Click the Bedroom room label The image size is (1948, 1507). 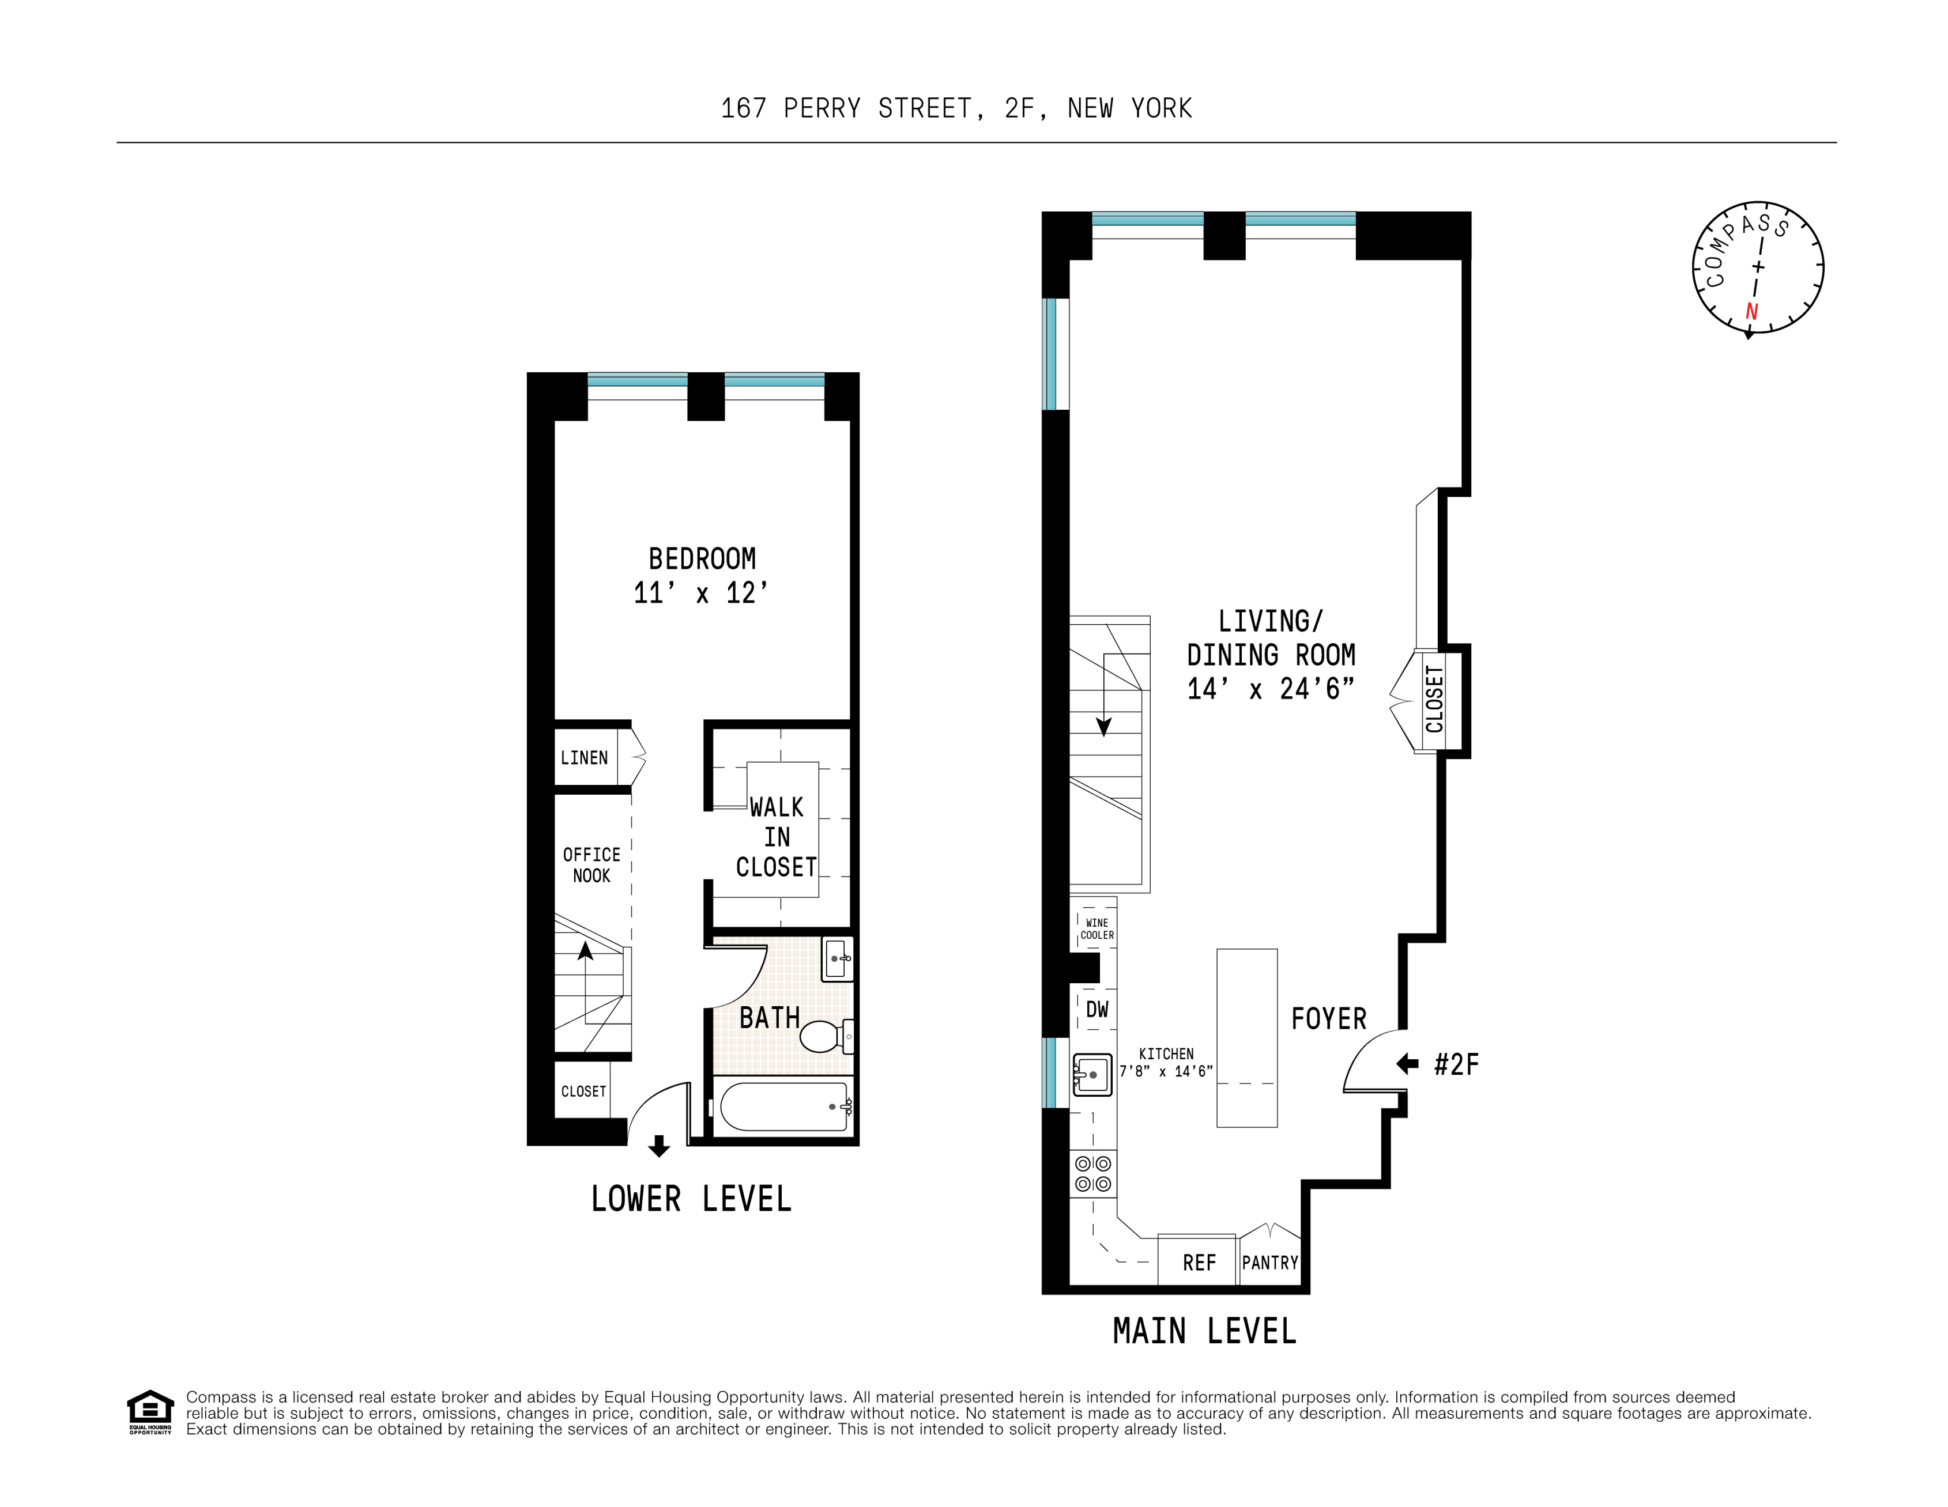[702, 559]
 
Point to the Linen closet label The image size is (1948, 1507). [584, 758]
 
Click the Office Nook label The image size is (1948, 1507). [591, 865]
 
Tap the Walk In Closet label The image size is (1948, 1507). [776, 836]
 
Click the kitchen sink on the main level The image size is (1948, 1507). [1091, 1075]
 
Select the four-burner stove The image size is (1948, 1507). [1092, 1173]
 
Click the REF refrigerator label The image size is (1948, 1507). [1199, 1263]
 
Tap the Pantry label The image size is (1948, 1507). [1270, 1263]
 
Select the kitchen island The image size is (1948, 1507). [1247, 1038]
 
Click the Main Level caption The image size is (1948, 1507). [1204, 1331]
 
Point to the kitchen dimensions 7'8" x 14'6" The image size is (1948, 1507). [1166, 1071]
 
